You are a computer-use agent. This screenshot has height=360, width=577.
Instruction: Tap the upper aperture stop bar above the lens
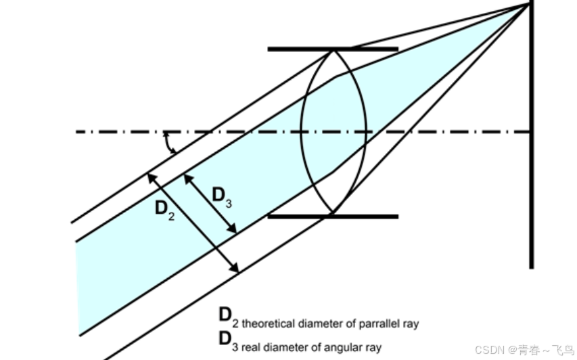pos(332,49)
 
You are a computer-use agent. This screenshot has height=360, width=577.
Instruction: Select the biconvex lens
pos(333,132)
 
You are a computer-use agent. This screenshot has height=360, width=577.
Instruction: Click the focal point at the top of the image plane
pos(530,5)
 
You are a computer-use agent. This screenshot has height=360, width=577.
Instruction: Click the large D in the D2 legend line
pos(225,315)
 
